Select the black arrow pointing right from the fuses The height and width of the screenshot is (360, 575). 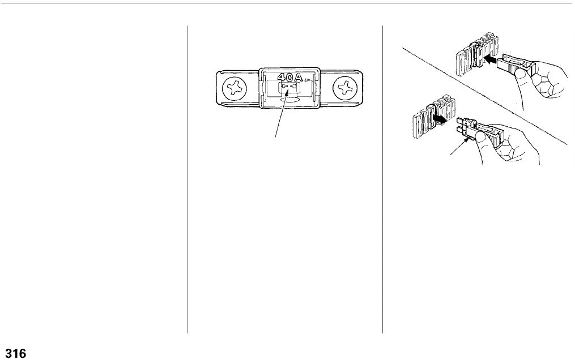(x=440, y=118)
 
